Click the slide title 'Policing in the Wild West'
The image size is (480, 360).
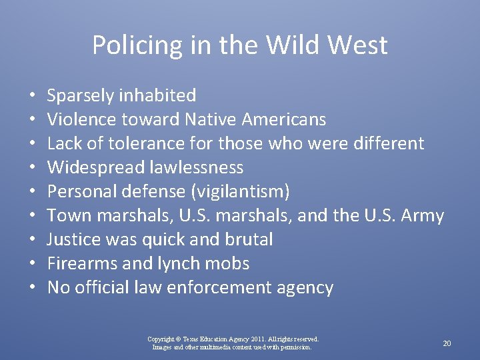pos(239,45)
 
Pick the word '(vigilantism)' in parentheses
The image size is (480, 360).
pos(240,192)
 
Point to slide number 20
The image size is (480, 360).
pos(447,343)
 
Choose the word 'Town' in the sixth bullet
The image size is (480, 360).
pos(65,216)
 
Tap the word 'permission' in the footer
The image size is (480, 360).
pos(295,347)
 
